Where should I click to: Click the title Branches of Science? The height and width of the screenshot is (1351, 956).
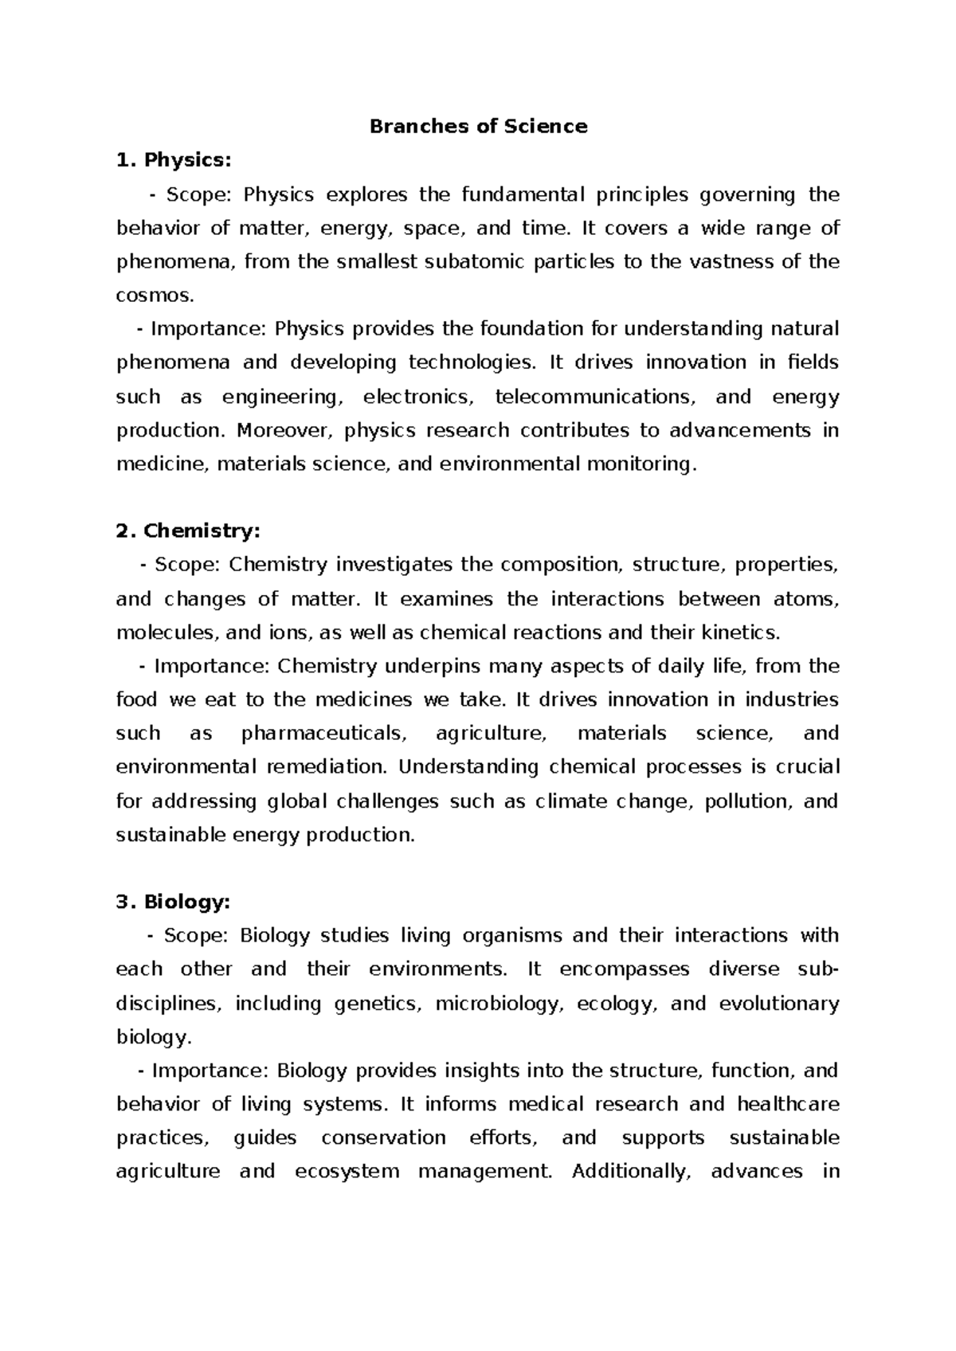[478, 126]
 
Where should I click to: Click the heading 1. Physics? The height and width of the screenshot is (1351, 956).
[174, 160]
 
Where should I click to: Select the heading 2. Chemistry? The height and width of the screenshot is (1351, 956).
[188, 531]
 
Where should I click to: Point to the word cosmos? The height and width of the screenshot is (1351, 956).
[153, 296]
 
